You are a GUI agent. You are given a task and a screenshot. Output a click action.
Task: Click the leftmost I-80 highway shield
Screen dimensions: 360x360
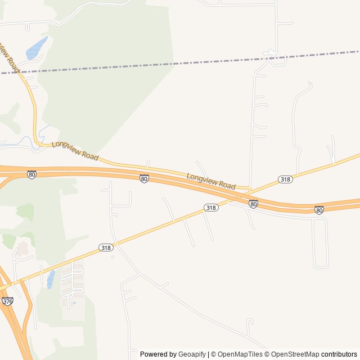pos(31,175)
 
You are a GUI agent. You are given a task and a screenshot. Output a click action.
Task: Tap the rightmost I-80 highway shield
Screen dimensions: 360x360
pos(319,210)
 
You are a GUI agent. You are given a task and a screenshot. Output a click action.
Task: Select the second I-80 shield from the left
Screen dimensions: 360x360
pos(145,179)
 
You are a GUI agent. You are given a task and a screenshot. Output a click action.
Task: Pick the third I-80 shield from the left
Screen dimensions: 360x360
pos(254,204)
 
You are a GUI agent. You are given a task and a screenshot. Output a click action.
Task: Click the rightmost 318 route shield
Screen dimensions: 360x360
pos(285,179)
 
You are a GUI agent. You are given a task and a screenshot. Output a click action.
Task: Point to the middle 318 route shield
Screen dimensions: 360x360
pos(211,208)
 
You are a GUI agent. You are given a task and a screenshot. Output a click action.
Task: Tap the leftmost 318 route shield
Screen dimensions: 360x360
pos(106,247)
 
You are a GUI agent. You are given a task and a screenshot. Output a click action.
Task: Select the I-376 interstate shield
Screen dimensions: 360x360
pos(7,301)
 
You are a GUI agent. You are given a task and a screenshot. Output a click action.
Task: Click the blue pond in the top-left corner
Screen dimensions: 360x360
pos(36,48)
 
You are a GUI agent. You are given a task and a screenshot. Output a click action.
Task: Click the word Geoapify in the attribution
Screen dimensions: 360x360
pos(193,354)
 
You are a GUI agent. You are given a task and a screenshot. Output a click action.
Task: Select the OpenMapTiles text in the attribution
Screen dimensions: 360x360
pos(240,354)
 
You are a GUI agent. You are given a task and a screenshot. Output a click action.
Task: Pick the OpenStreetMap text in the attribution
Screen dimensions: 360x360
pos(295,354)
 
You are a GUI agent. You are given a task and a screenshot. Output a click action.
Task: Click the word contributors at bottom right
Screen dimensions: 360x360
pos(339,354)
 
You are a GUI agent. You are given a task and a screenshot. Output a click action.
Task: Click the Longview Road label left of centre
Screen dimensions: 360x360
pos(75,151)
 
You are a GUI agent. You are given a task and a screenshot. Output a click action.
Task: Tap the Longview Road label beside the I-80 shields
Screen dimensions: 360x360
pos(211,181)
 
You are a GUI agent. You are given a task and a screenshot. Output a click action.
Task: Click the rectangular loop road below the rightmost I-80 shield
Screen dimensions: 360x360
pos(320,242)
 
